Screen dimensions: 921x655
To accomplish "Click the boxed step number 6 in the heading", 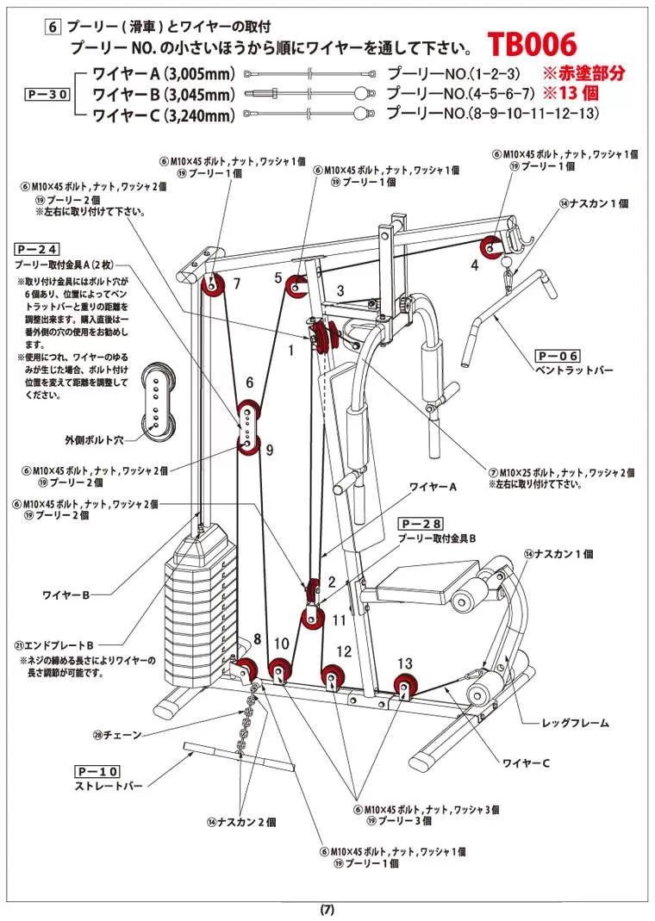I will (x=53, y=26).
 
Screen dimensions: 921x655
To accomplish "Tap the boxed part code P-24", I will (x=40, y=246).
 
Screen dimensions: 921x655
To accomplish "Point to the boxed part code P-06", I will (x=558, y=355).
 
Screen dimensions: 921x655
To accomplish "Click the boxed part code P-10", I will (x=97, y=770).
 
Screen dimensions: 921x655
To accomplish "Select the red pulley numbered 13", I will (x=403, y=686).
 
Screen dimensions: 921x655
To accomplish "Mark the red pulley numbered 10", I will (x=279, y=670).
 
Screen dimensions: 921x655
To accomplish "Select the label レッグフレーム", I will (x=575, y=722).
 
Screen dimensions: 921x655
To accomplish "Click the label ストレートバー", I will (x=105, y=787).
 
